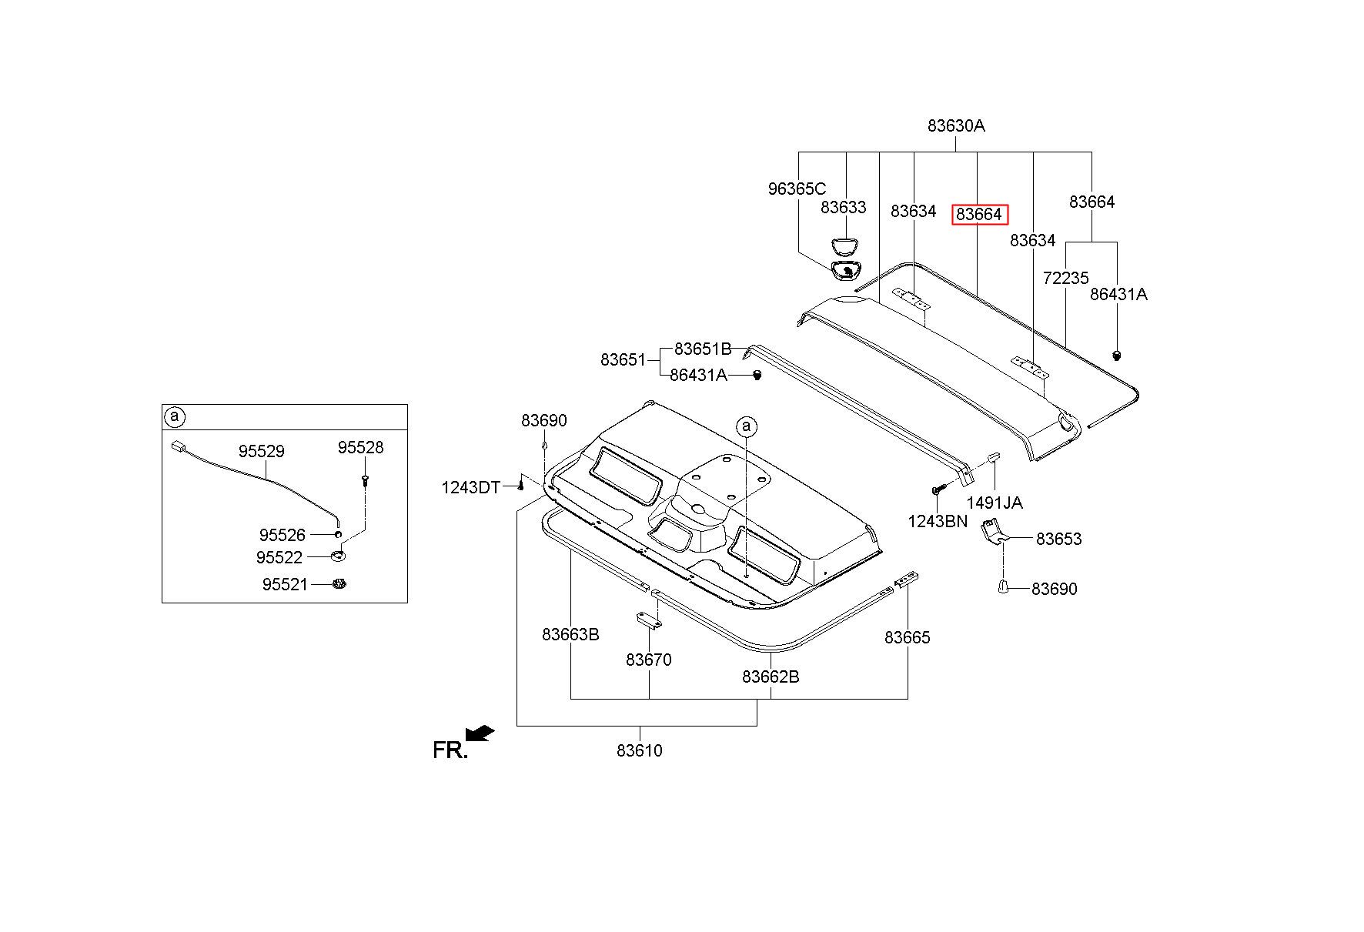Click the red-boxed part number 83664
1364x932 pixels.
[979, 215]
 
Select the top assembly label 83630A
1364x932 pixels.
[955, 125]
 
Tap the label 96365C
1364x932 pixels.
[797, 189]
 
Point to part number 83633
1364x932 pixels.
[843, 208]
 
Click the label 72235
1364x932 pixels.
[1065, 279]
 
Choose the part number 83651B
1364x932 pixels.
[702, 349]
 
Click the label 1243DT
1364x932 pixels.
[470, 487]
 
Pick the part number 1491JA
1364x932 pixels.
[995, 503]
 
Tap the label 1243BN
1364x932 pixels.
[937, 521]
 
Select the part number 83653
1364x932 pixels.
[1058, 539]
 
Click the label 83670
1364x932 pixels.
[648, 660]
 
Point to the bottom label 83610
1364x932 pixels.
[639, 750]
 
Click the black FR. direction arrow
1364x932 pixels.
[480, 734]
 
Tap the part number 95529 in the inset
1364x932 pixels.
[261, 452]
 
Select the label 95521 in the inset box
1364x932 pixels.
[285, 585]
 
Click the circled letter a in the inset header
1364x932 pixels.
[175, 417]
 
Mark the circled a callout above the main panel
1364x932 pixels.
[746, 426]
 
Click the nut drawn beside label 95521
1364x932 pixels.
[337, 585]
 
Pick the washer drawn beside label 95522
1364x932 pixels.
[338, 556]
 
